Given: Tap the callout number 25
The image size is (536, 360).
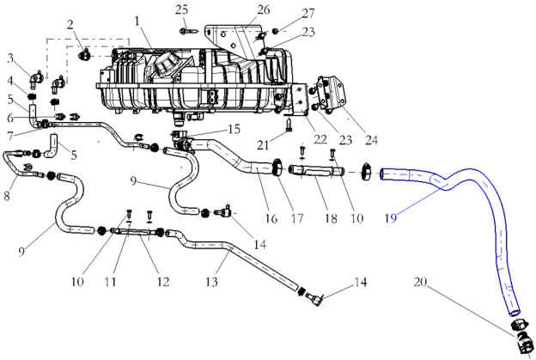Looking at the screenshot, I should [181, 9].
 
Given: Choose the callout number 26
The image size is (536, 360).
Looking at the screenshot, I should [263, 9].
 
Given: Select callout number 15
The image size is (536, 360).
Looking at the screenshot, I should [234, 129].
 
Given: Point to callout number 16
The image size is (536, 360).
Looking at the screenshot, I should [271, 219].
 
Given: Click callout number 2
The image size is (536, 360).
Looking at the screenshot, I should [70, 23].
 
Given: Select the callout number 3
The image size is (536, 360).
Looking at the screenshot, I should [11, 58].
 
